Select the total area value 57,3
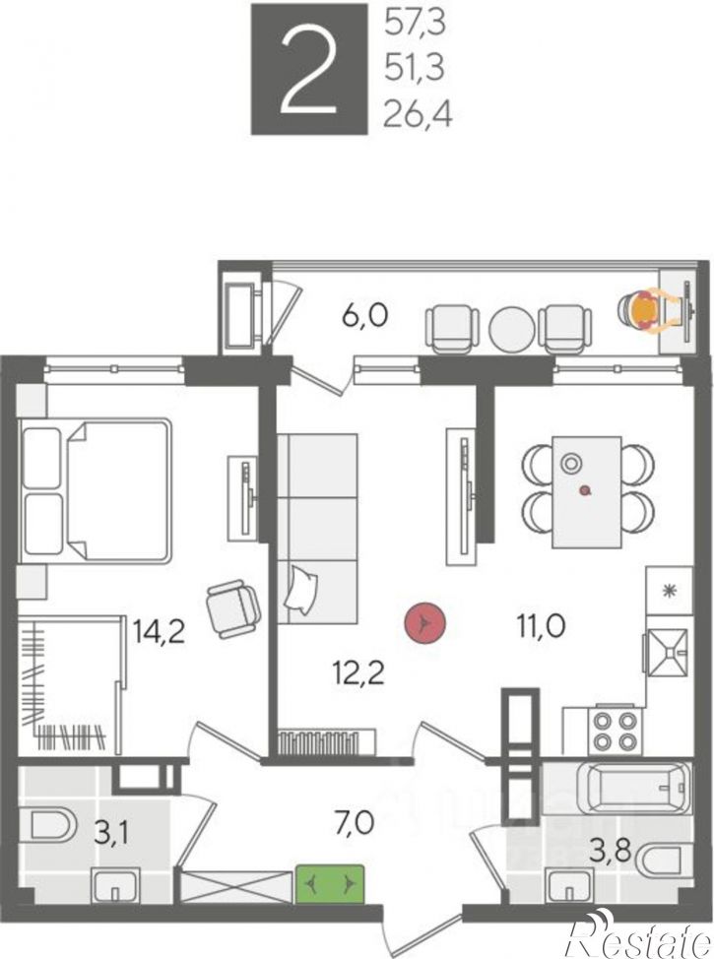415,25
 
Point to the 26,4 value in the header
418,115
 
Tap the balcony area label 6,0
364,317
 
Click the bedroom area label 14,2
160,630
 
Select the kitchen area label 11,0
541,626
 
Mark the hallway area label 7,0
355,823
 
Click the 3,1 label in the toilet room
113,833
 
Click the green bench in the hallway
330,884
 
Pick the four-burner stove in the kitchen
617,731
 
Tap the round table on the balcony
512,327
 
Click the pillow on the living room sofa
301,589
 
